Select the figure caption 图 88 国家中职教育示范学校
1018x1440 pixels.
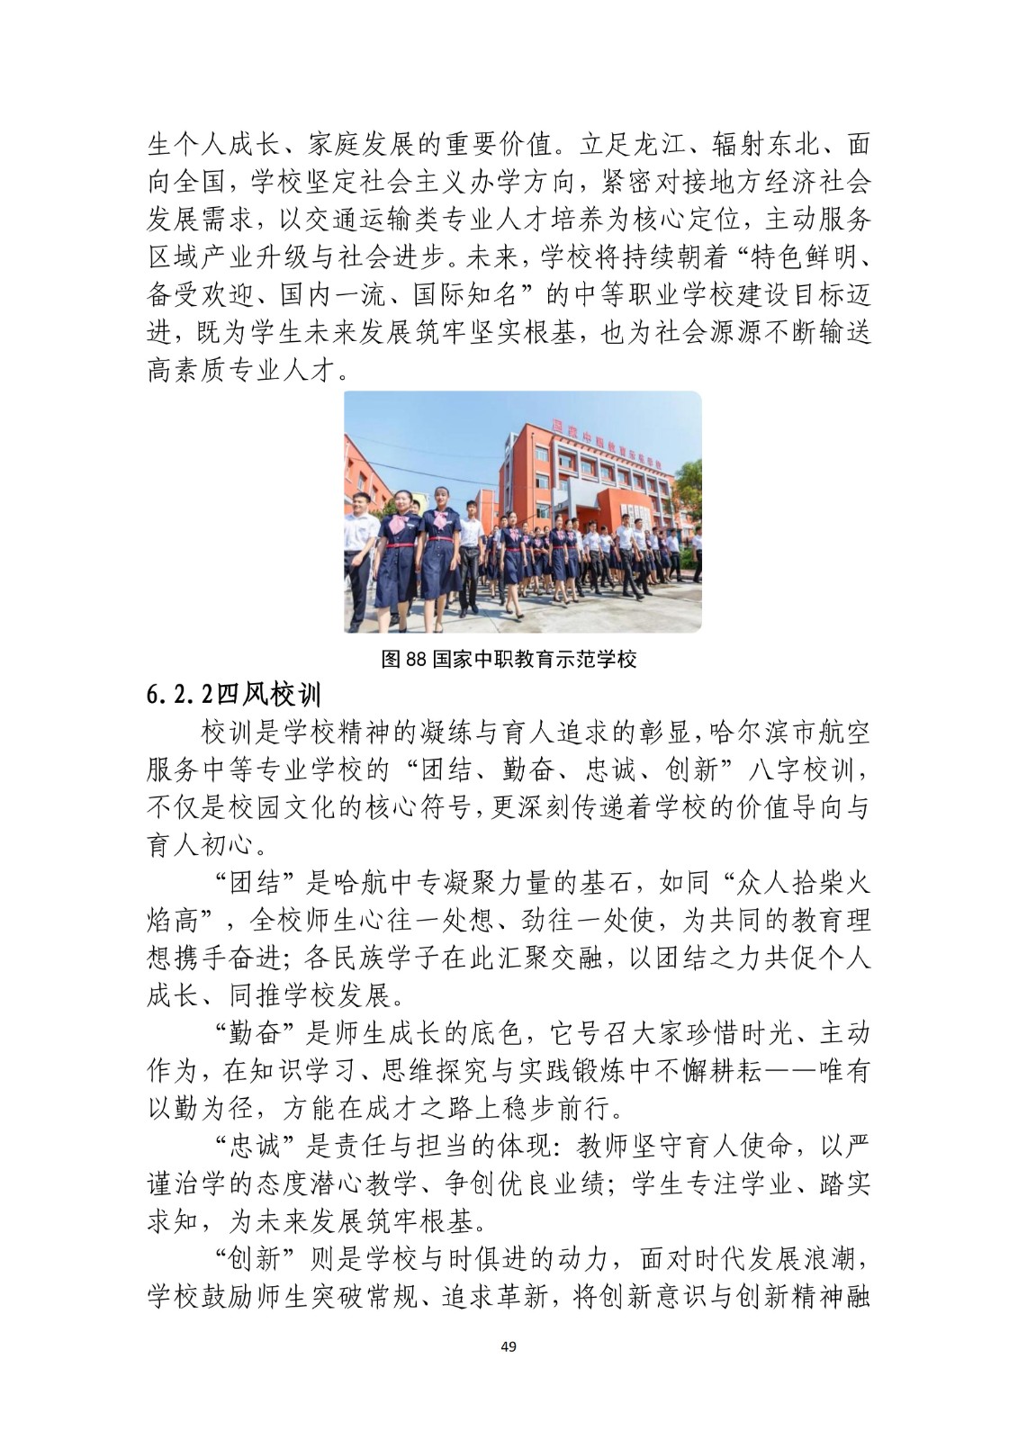[x=509, y=659]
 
